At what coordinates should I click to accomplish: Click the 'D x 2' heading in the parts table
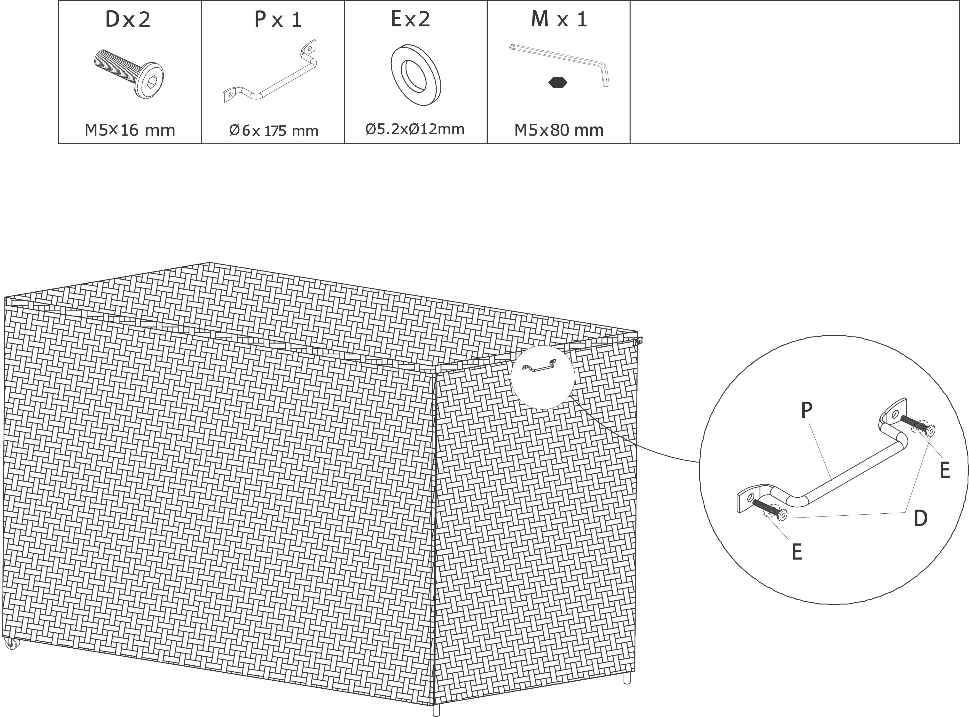click(128, 20)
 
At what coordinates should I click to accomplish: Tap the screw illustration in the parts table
click(129, 74)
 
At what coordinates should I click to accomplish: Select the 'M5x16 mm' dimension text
click(130, 130)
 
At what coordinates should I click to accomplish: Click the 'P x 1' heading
click(278, 20)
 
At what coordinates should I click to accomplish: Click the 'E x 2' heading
click(410, 20)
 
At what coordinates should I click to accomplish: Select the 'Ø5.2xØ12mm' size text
click(415, 129)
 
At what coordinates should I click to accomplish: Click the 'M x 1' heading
click(559, 20)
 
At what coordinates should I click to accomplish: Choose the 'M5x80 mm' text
click(559, 130)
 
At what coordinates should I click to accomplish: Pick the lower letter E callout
click(796, 552)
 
